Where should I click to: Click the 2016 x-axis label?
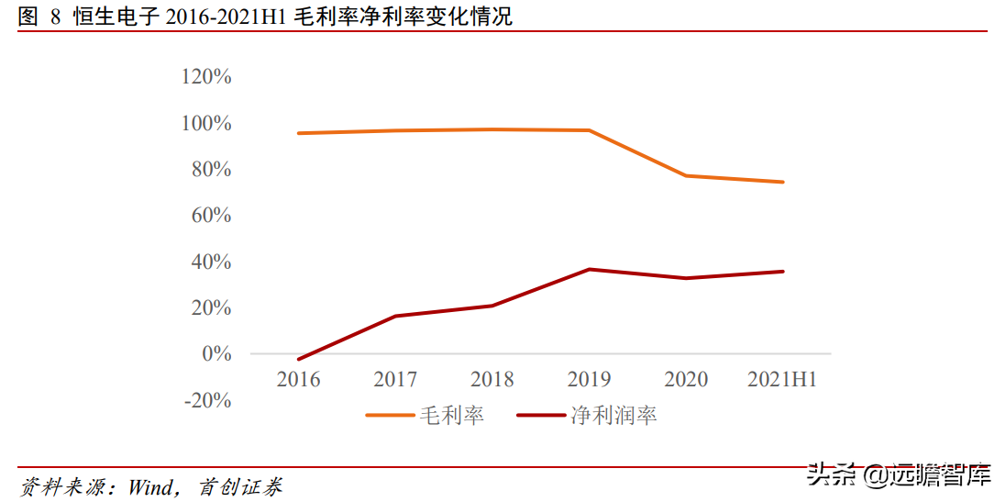(299, 379)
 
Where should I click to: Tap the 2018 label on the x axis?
(492, 379)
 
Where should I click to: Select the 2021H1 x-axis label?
(782, 379)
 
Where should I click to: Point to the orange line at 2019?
(589, 130)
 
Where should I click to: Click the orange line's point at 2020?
(686, 175)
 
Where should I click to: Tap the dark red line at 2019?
(589, 269)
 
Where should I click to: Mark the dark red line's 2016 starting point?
(299, 359)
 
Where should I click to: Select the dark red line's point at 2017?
(395, 316)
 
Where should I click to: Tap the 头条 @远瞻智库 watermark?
(898, 475)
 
